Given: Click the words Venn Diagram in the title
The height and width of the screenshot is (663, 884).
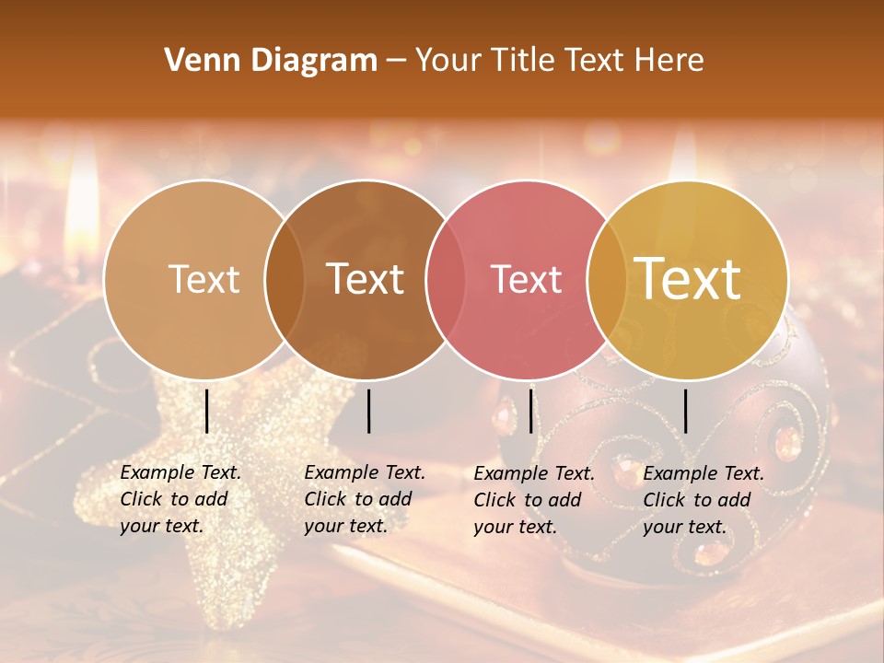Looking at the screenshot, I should [271, 61].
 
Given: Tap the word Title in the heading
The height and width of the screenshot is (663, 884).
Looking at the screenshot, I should [522, 61].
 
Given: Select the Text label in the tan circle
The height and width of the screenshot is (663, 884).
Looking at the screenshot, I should [204, 279].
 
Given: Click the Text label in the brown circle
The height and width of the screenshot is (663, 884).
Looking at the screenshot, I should [366, 279].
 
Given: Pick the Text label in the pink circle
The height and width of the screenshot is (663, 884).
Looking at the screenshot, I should [527, 279].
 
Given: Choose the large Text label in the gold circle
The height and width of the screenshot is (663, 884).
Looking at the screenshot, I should [688, 279].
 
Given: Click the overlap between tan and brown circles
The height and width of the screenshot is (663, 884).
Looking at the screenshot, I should [285, 279].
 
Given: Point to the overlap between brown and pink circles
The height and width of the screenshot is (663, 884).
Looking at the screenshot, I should [446, 279].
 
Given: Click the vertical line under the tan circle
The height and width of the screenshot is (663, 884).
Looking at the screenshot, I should [207, 411].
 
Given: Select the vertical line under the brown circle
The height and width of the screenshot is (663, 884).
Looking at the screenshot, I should [369, 411].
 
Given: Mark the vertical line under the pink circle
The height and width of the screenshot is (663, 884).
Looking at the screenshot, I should [531, 411].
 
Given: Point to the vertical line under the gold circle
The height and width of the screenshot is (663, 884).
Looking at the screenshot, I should [686, 411].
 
